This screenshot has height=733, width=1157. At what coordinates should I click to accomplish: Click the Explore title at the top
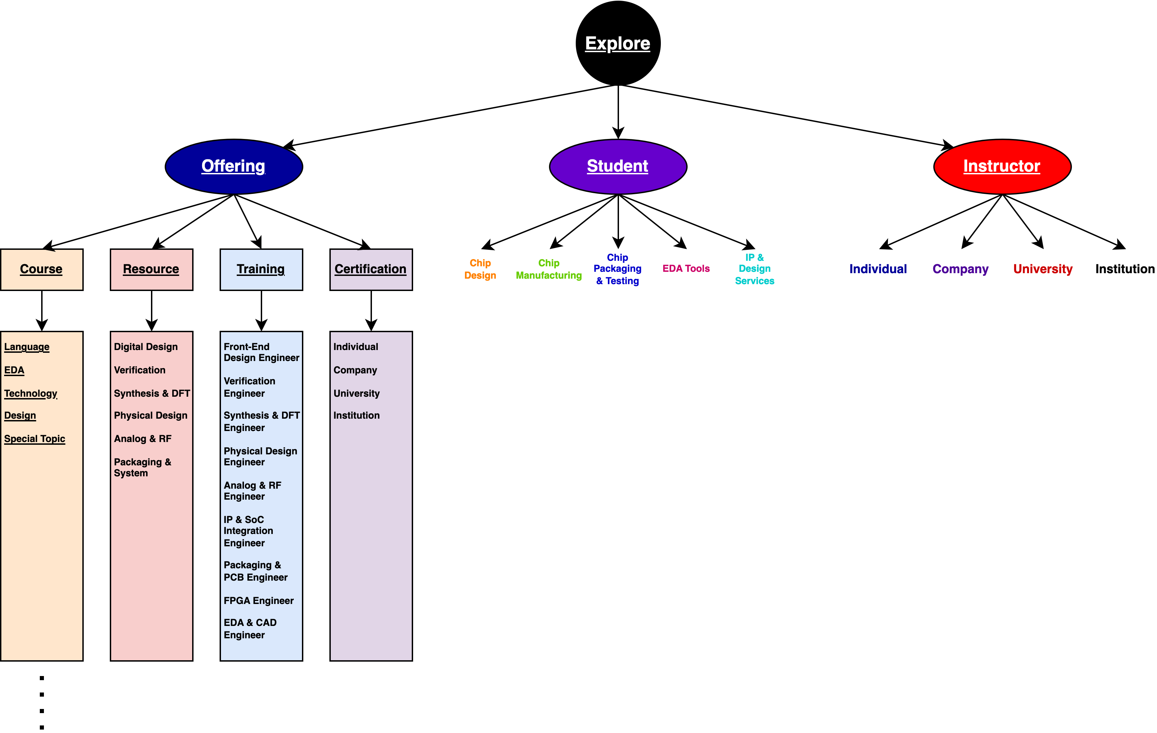tap(617, 43)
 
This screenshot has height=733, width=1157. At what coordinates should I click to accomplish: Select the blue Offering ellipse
tap(234, 166)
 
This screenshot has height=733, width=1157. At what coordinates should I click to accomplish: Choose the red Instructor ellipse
tap(1002, 166)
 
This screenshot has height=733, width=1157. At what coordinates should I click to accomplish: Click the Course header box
tap(41, 269)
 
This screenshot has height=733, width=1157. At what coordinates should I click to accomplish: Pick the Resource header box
tap(151, 269)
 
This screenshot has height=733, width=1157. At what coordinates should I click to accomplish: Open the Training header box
tap(261, 269)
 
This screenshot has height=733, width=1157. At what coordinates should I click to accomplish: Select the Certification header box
tap(371, 269)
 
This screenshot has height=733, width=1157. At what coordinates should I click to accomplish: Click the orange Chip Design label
tap(480, 269)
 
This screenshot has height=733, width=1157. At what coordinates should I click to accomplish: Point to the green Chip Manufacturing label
tap(549, 269)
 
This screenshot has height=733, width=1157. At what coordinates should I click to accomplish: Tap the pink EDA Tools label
tap(686, 269)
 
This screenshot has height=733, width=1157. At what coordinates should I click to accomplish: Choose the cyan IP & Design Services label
tap(755, 269)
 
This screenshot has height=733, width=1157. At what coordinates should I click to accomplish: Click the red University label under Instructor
tap(1043, 269)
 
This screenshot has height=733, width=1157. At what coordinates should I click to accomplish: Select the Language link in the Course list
tap(27, 347)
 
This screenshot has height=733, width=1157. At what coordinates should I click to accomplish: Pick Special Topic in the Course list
tap(35, 439)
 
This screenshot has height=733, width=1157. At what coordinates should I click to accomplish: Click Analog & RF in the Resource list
tap(143, 439)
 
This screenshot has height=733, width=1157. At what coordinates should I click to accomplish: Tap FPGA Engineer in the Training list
tap(258, 601)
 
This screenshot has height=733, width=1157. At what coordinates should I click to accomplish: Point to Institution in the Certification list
tap(357, 416)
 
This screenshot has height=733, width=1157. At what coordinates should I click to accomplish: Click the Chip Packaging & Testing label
tap(617, 269)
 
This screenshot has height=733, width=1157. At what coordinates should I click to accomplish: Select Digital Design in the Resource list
tap(145, 347)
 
